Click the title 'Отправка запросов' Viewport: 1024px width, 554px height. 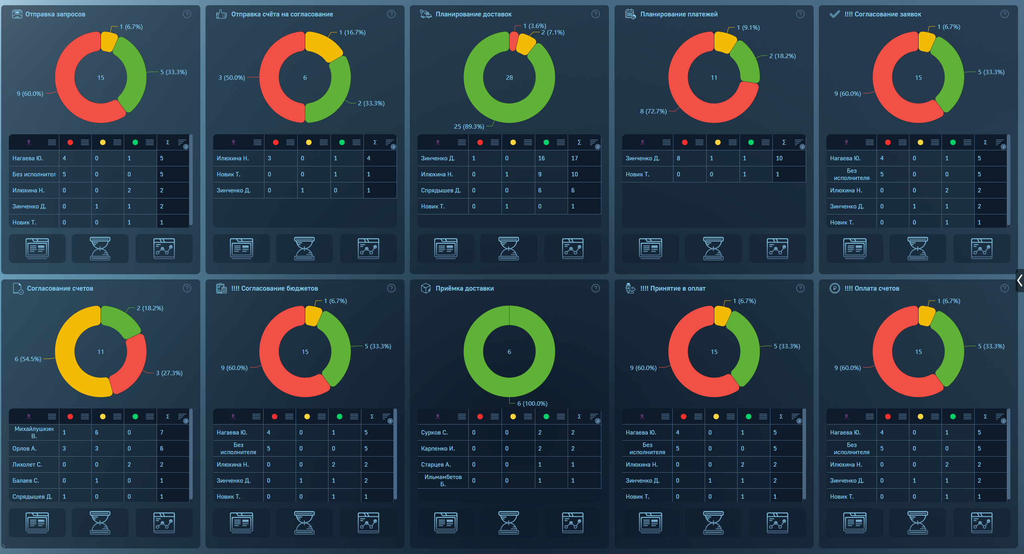tap(55, 14)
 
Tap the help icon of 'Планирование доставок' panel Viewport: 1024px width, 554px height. tap(595, 14)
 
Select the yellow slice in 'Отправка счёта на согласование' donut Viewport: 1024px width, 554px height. tap(324, 45)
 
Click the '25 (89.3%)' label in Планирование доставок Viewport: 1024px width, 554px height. tap(469, 127)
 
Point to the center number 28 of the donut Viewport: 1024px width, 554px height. tap(509, 78)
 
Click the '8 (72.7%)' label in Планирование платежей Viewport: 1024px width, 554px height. tap(653, 111)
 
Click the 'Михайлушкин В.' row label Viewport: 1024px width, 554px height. tap(34, 432)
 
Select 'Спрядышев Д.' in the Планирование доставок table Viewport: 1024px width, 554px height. tap(441, 190)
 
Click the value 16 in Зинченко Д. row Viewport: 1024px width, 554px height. tap(541, 158)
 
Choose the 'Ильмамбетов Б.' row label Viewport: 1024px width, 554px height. tap(443, 480)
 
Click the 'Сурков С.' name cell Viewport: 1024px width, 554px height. tap(434, 433)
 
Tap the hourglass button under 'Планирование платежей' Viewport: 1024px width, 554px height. tap(714, 249)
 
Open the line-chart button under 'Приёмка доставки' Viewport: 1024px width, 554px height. tap(572, 523)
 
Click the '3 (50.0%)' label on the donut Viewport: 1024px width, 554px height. tap(232, 78)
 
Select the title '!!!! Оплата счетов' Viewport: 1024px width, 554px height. tap(872, 289)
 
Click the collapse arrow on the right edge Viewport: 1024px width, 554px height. tap(1020, 281)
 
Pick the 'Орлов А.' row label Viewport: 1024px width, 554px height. tap(24, 449)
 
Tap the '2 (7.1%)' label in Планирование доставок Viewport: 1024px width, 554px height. tap(552, 32)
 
